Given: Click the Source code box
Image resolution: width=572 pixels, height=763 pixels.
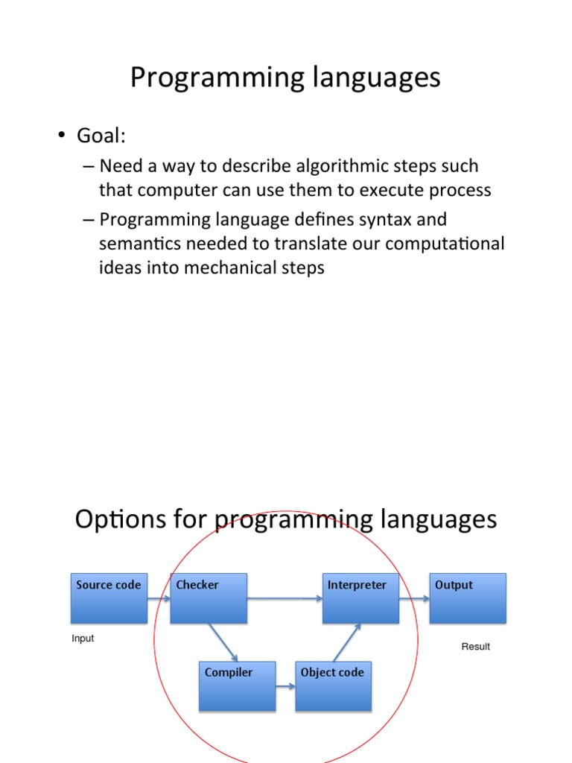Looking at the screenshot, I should point(109,598).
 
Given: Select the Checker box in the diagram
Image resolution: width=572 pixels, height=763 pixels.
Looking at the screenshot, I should point(209,598).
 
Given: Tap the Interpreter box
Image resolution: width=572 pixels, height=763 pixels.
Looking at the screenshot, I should point(360,598).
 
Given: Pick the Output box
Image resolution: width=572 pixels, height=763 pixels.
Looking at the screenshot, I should point(468,598).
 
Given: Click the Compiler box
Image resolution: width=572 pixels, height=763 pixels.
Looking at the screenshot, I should point(237,686).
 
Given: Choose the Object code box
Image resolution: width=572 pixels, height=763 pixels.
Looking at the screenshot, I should point(333,686).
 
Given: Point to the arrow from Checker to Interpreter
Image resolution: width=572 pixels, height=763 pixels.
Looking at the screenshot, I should point(285,598).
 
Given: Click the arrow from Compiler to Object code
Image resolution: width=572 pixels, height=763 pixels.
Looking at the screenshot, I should point(285,686).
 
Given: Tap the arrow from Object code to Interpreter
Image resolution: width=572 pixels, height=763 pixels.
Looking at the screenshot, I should point(347,642).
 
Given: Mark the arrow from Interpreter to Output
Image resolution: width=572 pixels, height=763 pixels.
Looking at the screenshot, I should point(414,598).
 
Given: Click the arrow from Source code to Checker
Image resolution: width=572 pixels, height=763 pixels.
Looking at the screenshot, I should point(159,598).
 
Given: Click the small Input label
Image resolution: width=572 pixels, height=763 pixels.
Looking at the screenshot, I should point(83,639).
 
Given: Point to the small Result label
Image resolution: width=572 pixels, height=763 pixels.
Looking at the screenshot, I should point(475,647).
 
